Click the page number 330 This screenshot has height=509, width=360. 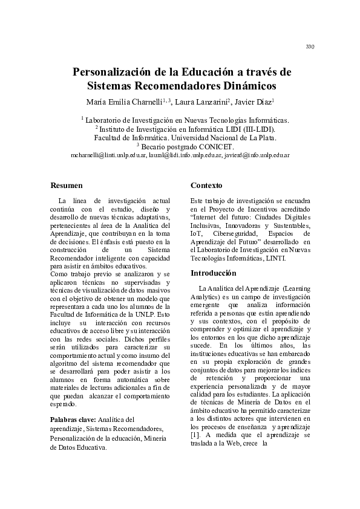click(x=310, y=47)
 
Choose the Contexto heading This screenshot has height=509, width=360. click(x=206, y=185)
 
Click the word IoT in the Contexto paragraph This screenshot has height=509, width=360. click(x=196, y=233)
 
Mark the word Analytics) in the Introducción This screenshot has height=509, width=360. click(x=206, y=297)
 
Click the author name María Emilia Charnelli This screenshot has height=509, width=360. click(x=121, y=101)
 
